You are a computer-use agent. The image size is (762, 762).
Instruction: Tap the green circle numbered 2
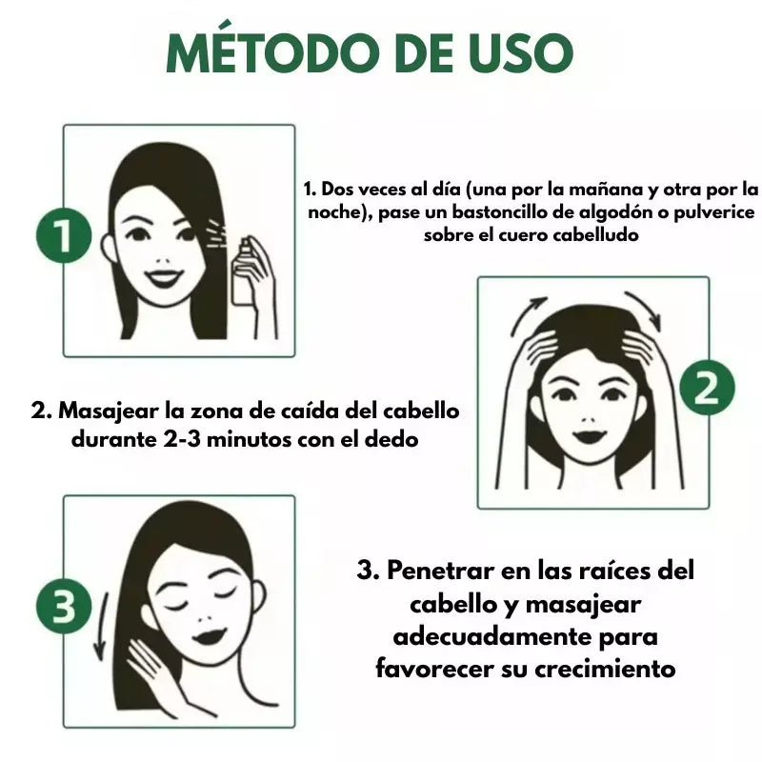coord(706,391)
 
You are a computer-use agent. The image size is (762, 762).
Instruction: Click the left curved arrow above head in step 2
coord(531,315)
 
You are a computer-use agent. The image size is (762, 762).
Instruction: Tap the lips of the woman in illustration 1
coord(165,280)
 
